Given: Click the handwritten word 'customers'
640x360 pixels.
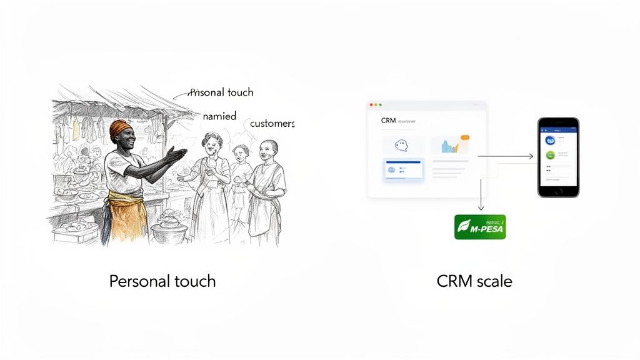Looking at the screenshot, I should [x=272, y=124].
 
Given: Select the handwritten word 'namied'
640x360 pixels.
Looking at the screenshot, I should [x=219, y=116].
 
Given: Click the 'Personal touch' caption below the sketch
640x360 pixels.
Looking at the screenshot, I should [x=162, y=281].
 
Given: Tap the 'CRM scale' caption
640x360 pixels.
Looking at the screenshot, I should [x=474, y=281].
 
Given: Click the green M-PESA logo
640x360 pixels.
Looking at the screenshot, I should [x=479, y=227].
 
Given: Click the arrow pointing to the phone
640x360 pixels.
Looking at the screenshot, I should [x=506, y=156].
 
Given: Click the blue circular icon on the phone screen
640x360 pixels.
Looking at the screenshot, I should [x=551, y=141].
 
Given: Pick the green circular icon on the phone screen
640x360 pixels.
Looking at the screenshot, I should [x=551, y=156].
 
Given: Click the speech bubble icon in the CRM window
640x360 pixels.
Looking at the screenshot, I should [x=402, y=145].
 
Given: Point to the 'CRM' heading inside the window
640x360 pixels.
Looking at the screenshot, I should [x=388, y=121].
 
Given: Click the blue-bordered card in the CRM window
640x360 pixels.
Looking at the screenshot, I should [x=402, y=170].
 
